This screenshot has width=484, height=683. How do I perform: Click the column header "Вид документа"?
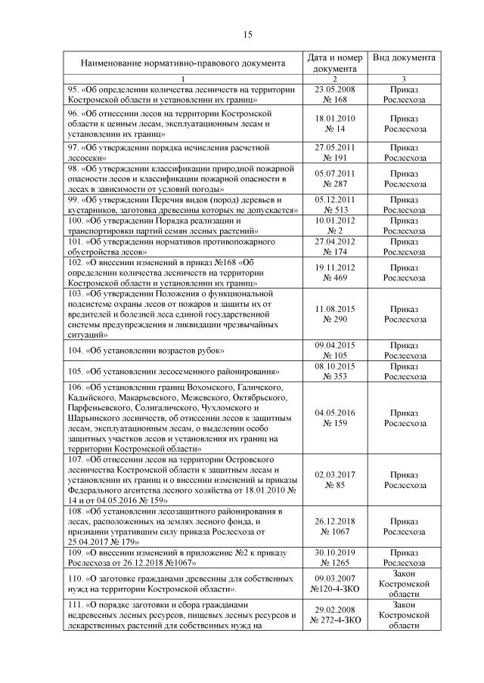(x=404, y=57)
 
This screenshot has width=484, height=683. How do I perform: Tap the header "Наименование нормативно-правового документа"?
(x=181, y=63)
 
